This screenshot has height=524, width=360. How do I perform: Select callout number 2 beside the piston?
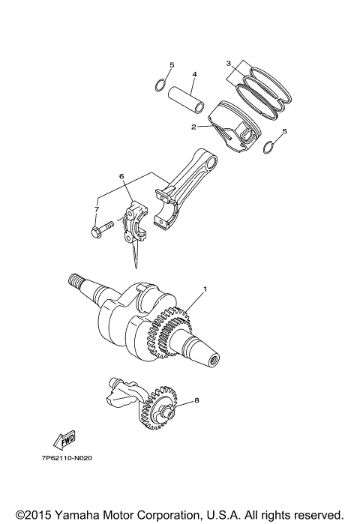point(193,127)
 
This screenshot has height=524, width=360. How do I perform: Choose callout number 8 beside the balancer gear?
point(196,401)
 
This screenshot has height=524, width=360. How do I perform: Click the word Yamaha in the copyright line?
point(72,514)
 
